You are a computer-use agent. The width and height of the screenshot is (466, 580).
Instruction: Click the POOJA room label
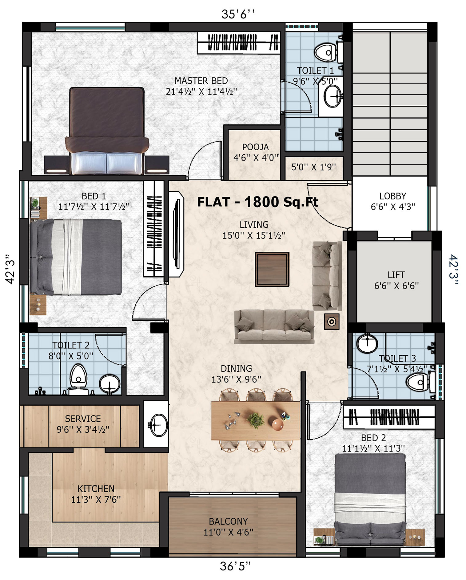(x=255, y=147)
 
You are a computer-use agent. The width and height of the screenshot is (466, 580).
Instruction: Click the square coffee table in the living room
(x=272, y=269)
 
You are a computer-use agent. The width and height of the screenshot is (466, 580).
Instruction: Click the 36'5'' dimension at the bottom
(x=235, y=566)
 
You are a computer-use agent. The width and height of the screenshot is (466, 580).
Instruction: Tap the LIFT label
(x=396, y=275)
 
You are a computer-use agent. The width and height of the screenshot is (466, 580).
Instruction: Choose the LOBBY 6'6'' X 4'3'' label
(x=393, y=201)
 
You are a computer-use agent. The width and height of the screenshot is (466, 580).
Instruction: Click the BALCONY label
(x=228, y=521)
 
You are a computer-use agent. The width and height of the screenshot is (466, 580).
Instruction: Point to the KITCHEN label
(x=96, y=489)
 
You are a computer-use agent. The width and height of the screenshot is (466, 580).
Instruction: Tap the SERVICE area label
(x=83, y=419)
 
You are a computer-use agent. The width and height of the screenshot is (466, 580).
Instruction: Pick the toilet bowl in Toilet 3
(x=420, y=382)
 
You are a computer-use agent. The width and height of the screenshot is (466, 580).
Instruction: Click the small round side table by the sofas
(x=332, y=322)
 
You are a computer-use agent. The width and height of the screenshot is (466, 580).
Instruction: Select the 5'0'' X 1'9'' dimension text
(x=313, y=167)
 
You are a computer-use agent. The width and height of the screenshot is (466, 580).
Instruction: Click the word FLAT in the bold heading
(x=213, y=202)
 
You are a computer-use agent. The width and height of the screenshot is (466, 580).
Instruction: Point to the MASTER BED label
(x=201, y=81)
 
